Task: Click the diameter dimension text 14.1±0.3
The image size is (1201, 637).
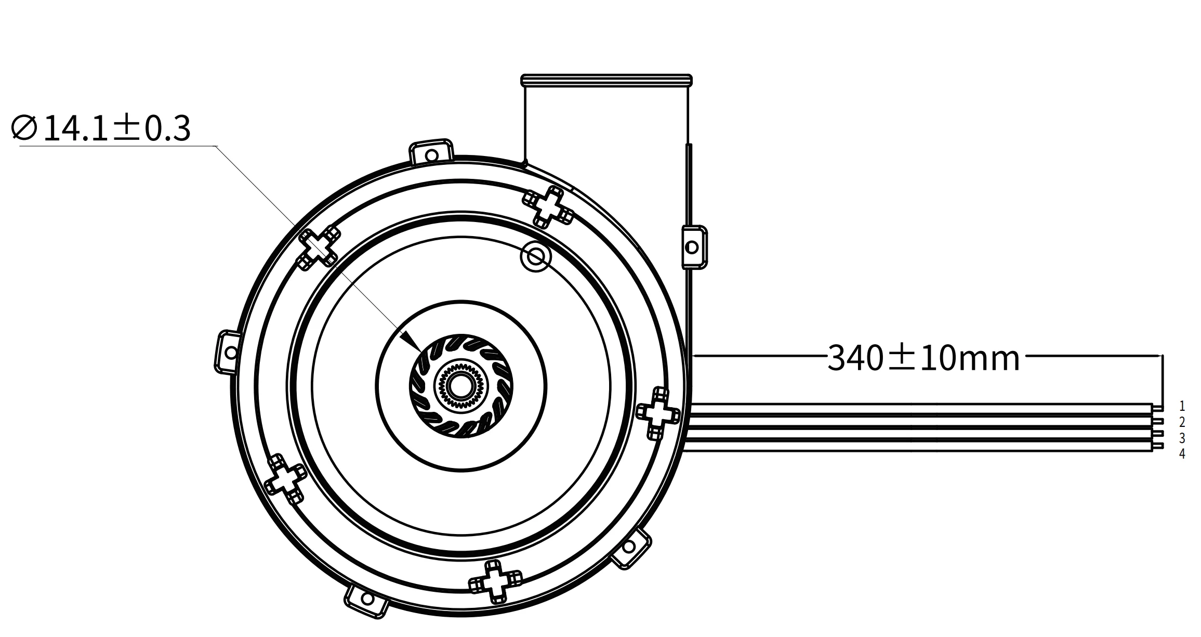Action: [101, 128]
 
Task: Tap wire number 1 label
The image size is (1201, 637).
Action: [1182, 406]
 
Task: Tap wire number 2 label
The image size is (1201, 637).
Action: [1182, 422]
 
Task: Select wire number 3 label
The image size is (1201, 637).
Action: [1182, 438]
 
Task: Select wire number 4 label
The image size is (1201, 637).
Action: [1182, 453]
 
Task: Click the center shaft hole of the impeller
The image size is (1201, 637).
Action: [461, 386]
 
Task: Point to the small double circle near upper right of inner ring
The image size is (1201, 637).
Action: [535, 256]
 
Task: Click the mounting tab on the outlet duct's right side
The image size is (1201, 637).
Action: [693, 247]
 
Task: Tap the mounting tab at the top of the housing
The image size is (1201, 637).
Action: [431, 153]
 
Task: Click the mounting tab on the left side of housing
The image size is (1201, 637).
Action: [229, 352]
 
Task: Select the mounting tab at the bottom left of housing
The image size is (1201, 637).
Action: [366, 601]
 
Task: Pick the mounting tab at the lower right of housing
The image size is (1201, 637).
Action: [630, 548]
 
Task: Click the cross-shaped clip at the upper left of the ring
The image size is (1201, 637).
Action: [319, 249]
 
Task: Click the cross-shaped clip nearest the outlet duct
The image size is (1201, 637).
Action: [548, 207]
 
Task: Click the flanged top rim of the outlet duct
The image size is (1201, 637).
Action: [606, 80]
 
